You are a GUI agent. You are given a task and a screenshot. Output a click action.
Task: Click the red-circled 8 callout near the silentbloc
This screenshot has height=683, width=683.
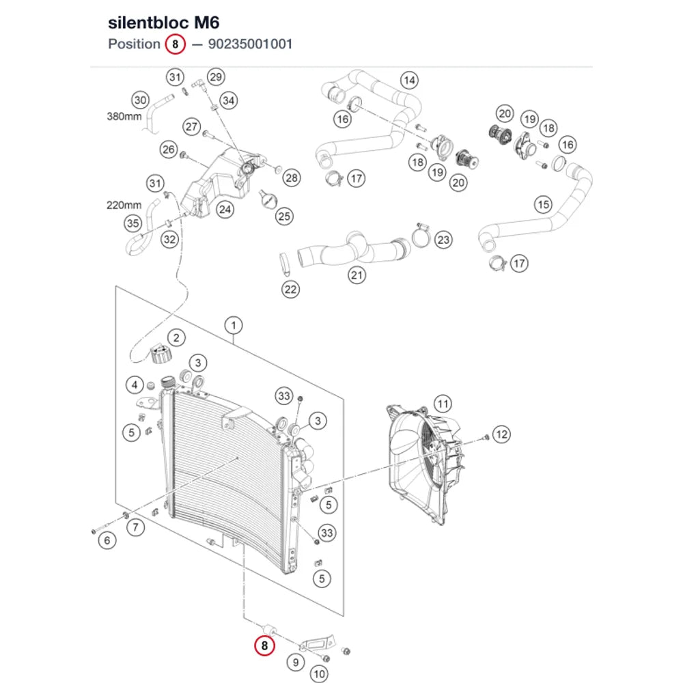[x=264, y=645]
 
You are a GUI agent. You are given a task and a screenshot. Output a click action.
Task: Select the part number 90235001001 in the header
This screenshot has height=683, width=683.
[x=250, y=44]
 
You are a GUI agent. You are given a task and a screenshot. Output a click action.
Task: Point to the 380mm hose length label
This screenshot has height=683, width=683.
[x=124, y=116]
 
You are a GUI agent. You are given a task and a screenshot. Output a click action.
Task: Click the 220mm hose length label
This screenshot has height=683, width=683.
[x=124, y=205]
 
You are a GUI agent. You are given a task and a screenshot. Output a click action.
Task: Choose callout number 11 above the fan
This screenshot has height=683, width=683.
[x=443, y=404]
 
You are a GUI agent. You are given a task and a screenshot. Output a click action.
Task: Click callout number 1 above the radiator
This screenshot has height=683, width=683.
[x=234, y=325]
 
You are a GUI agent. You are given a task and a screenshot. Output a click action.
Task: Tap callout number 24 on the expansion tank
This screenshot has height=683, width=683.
[x=225, y=210]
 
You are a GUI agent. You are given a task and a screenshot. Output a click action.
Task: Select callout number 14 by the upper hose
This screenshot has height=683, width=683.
[x=409, y=80]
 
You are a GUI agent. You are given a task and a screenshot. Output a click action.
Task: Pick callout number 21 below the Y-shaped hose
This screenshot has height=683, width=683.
[x=357, y=275]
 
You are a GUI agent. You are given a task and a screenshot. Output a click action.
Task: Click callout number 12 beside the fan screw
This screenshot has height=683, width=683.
[x=502, y=434]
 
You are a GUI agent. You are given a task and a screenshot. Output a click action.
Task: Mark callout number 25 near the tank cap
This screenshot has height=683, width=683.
[x=284, y=216]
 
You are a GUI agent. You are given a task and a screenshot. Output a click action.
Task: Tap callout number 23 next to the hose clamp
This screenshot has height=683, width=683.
[x=443, y=240]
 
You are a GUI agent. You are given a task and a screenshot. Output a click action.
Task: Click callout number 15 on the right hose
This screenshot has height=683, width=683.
[x=543, y=204]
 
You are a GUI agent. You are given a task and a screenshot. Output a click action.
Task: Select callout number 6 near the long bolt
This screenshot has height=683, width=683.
[x=107, y=540]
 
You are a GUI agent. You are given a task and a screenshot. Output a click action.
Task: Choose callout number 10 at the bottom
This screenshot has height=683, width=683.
[x=319, y=674]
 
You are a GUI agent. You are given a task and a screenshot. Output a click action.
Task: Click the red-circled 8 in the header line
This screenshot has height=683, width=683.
[x=175, y=44]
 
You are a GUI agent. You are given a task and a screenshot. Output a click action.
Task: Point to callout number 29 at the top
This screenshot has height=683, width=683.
[x=216, y=77]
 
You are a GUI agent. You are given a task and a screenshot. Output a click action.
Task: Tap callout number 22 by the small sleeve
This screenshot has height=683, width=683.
[x=290, y=289]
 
